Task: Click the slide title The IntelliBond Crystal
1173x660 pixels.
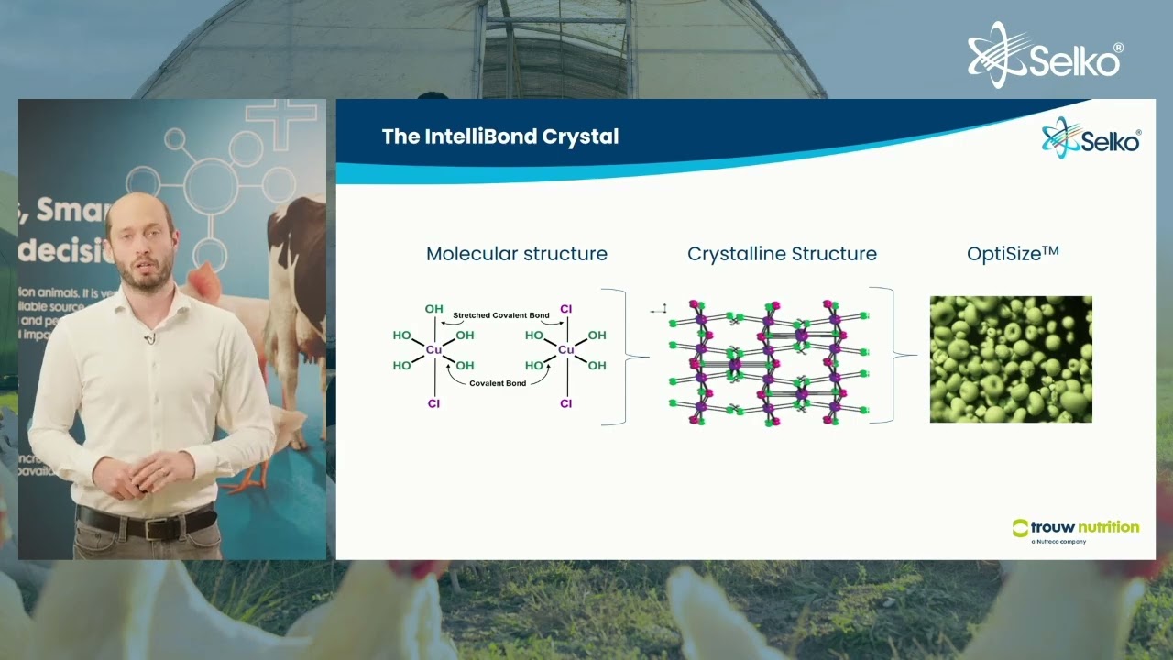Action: pyautogui.click(x=500, y=137)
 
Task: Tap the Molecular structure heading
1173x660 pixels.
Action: pyautogui.click(x=517, y=254)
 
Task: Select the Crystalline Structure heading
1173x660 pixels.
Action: pyautogui.click(x=782, y=254)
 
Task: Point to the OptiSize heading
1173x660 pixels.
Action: pyautogui.click(x=1013, y=254)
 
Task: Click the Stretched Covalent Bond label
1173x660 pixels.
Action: pyautogui.click(x=501, y=315)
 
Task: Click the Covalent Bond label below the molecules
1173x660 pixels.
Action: pyautogui.click(x=498, y=383)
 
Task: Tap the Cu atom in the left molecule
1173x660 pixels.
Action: pyautogui.click(x=433, y=349)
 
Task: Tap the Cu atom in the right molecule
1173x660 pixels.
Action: pyautogui.click(x=565, y=349)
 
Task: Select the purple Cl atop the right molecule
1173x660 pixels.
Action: pyautogui.click(x=565, y=309)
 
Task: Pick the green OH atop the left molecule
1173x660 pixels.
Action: pyautogui.click(x=433, y=309)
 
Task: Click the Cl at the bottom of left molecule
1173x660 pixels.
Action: pyautogui.click(x=433, y=403)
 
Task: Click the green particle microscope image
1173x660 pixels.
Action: pyautogui.click(x=1011, y=359)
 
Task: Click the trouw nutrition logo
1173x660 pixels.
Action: pyautogui.click(x=1076, y=529)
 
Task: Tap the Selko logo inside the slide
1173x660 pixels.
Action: pyautogui.click(x=1091, y=140)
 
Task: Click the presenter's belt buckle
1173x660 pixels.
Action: pyautogui.click(x=152, y=528)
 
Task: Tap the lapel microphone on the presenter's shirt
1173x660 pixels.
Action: pyautogui.click(x=147, y=339)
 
